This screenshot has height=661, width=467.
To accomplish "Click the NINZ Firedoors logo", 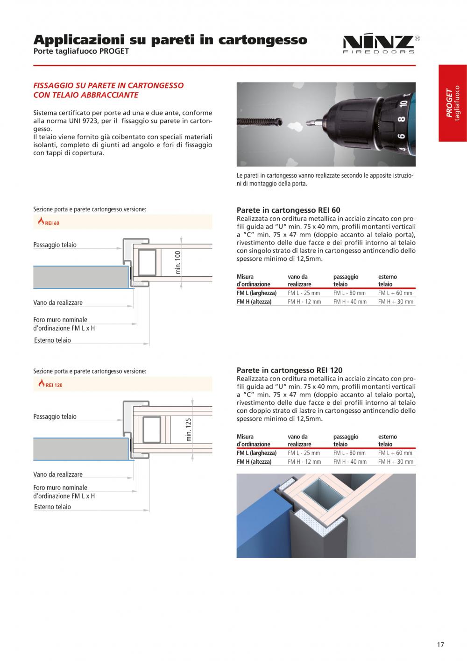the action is click(382, 43).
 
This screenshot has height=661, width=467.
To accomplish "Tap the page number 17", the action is click(440, 645).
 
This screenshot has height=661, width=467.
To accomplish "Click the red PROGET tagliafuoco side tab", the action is click(453, 103).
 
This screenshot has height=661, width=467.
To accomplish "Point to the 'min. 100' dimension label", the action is click(177, 262).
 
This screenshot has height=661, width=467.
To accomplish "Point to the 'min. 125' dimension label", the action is click(188, 430).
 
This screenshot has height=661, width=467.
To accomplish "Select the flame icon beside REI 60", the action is click(41, 221).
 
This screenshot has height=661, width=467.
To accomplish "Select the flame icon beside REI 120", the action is click(42, 383).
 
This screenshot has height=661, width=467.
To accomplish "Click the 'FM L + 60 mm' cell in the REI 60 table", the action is click(395, 293).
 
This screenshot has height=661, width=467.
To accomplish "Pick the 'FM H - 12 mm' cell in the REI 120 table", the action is click(304, 461).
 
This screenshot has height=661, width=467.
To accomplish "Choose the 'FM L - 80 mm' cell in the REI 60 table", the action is click(349, 293).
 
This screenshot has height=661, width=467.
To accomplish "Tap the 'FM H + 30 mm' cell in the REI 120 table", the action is click(396, 461).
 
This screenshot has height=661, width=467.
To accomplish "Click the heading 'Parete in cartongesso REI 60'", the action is click(288, 210).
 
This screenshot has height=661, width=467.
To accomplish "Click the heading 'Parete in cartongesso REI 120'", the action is click(290, 370).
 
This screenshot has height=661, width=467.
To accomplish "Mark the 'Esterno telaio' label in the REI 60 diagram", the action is click(52, 340).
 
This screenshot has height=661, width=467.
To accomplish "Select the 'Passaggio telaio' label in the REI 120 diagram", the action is click(55, 417).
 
